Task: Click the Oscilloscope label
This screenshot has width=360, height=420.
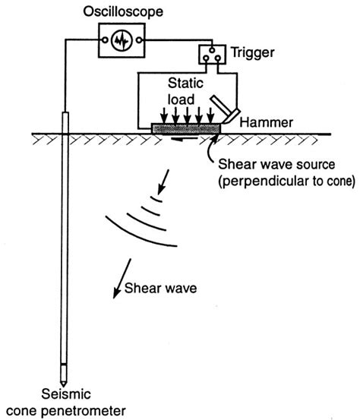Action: click(123, 12)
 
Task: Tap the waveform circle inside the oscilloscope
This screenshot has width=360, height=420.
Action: click(122, 40)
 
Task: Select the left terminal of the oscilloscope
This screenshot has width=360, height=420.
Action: click(106, 40)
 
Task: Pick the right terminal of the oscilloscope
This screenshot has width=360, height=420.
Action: click(139, 40)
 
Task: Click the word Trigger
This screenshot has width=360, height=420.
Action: click(253, 52)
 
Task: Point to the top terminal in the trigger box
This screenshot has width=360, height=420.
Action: click(212, 50)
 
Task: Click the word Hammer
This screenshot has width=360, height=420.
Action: click(267, 122)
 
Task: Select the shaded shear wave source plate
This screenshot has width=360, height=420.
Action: click(186, 128)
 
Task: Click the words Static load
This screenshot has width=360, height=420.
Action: click(185, 91)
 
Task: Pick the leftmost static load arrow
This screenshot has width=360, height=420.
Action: click(164, 115)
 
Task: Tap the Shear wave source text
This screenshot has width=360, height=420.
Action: click(276, 164)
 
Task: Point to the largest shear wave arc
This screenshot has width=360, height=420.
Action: click(139, 234)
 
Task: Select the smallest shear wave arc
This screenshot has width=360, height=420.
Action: click(156, 199)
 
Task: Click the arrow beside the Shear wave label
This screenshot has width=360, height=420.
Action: click(122, 278)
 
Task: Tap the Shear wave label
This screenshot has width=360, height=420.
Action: click(161, 288)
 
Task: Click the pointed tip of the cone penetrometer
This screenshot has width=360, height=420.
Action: click(64, 387)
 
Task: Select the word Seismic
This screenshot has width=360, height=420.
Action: click(66, 394)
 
